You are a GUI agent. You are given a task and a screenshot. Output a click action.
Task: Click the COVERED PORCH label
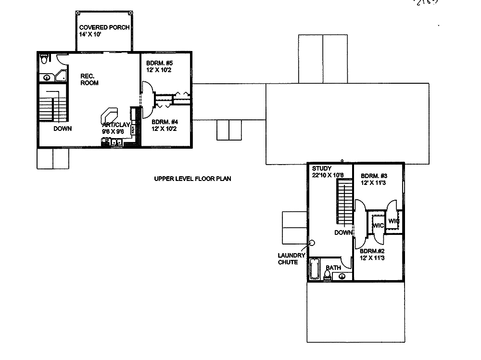pyautogui.click(x=104, y=27)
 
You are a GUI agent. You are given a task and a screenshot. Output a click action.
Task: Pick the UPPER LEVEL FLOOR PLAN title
pyautogui.click(x=192, y=179)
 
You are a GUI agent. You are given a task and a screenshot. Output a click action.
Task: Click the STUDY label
pyautogui.click(x=321, y=168)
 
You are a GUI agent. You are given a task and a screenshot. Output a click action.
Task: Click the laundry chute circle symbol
pyautogui.click(x=312, y=243)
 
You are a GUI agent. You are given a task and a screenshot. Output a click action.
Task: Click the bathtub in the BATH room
pyautogui.click(x=315, y=269)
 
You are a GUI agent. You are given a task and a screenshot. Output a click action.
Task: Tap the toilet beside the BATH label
pyautogui.click(x=328, y=274)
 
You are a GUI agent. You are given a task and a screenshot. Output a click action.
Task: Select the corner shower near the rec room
pyautogui.click(x=61, y=75)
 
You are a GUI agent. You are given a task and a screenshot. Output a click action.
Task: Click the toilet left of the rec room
pyautogui.click(x=45, y=59)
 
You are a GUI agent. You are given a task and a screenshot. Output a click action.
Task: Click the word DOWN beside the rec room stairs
pyautogui.click(x=63, y=129)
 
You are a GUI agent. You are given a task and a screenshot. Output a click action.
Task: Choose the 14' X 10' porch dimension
pyautogui.click(x=90, y=35)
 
